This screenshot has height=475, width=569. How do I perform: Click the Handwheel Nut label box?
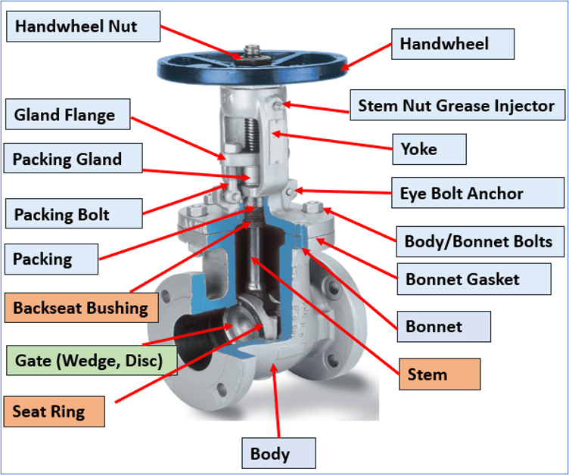(x=83, y=26)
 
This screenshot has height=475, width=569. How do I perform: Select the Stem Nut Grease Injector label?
(x=456, y=105)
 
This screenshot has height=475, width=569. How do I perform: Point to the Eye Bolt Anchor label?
(x=461, y=193)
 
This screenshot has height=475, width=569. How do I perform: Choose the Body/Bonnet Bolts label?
(x=479, y=243)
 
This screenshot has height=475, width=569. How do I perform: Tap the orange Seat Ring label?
(x=54, y=412)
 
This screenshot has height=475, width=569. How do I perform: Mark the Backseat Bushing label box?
(x=81, y=308)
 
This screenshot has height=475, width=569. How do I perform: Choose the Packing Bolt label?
(x=73, y=214)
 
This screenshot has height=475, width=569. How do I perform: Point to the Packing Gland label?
(x=74, y=159)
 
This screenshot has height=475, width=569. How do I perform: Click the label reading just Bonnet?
(x=443, y=327)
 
